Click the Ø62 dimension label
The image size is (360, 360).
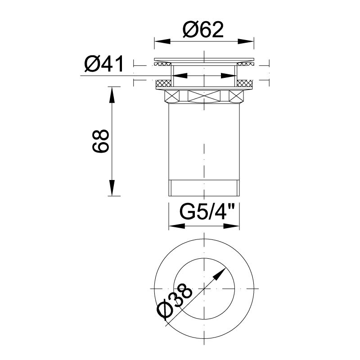click(203, 30)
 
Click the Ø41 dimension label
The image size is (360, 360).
click(104, 63)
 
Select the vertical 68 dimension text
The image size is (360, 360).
click(100, 141)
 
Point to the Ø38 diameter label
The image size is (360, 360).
click(175, 301)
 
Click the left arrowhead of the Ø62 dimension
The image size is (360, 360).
click(162, 41)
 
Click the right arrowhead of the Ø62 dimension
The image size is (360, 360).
click(246, 41)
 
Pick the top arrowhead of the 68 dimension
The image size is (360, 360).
click(112, 94)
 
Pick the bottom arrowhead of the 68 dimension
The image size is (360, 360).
click(112, 188)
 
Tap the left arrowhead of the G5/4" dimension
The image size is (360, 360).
click(177, 226)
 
